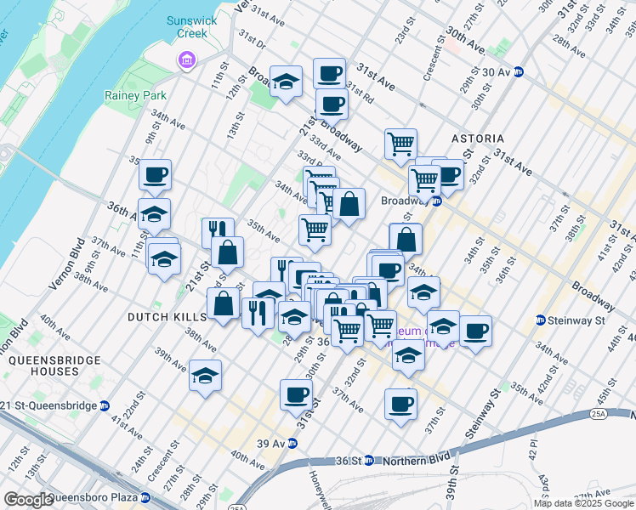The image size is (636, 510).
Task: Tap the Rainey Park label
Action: pos(135,95)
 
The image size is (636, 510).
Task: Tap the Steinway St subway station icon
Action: pos(540,320)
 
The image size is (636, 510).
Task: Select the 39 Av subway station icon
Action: pos(292,443)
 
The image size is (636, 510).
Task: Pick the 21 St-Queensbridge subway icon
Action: pos(104,405)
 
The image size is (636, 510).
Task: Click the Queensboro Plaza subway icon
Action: pos(145,497)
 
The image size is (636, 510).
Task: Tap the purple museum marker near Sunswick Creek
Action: pos(185,60)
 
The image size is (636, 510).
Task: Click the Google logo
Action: pos(28,500)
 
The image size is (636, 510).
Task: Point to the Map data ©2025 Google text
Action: pos(582,503)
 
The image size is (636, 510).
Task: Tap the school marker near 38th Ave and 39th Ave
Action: pos(206,375)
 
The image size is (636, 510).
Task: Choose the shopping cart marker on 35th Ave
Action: pos(315,229)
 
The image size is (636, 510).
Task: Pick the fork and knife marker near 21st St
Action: pos(218,231)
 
